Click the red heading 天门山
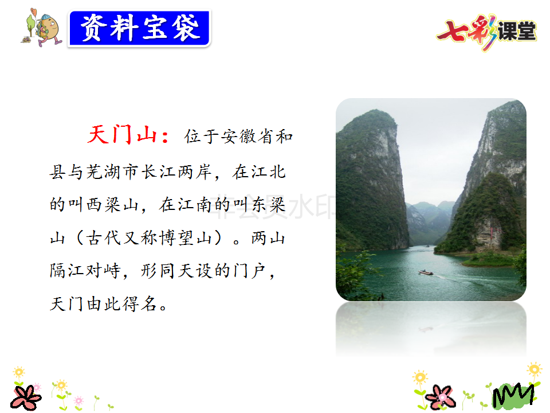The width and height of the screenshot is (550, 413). (x=121, y=134)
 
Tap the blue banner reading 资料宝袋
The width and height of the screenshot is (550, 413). (x=140, y=29)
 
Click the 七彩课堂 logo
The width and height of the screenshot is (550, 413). (x=487, y=32)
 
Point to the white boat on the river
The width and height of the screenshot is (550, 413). (x=426, y=272)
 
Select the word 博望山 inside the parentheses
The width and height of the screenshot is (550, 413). (x=186, y=237)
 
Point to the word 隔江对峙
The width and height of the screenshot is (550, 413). (x=85, y=271)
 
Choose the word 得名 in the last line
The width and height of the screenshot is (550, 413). (x=140, y=304)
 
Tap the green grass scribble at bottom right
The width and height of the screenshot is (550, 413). (x=513, y=396)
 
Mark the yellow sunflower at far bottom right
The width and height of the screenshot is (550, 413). (x=534, y=370)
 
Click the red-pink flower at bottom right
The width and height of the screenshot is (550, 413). (x=440, y=397)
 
